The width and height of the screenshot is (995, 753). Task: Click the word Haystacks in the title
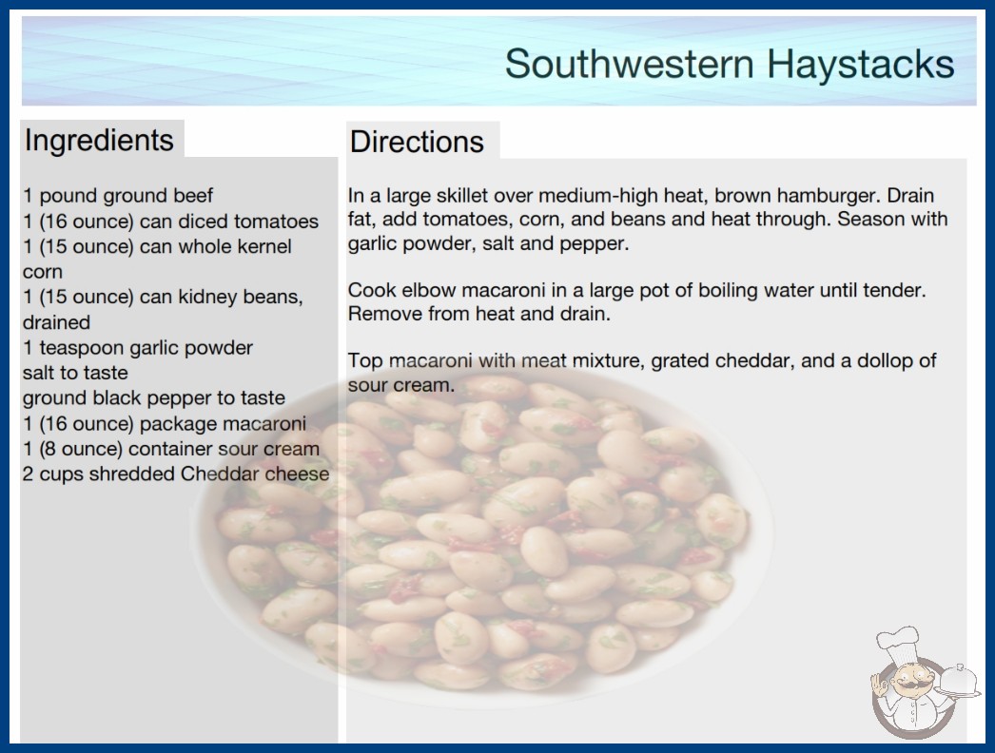click(x=860, y=65)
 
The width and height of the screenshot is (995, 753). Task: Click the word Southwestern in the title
click(x=630, y=64)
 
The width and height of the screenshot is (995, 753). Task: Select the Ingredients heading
click(x=99, y=141)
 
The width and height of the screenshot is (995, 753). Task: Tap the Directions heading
click(x=417, y=142)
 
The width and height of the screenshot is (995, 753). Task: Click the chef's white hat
click(x=897, y=640)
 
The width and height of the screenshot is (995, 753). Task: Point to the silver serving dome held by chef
click(x=958, y=680)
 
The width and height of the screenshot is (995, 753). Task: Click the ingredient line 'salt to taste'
click(x=75, y=373)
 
